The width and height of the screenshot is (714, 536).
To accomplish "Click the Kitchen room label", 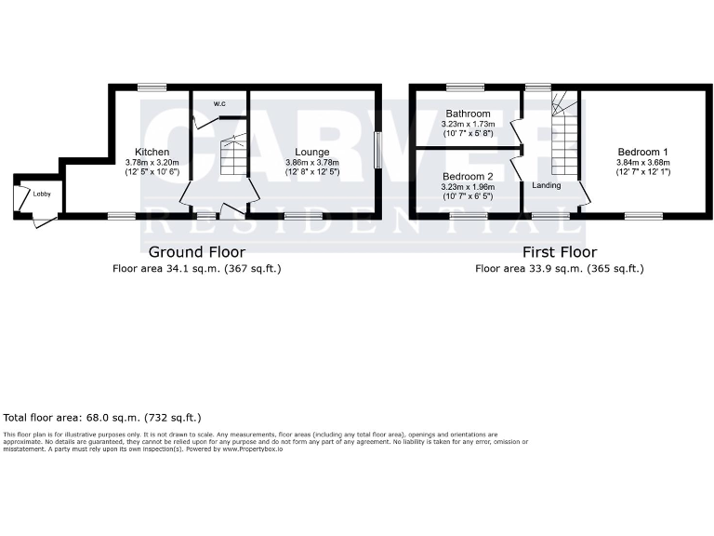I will [152, 152].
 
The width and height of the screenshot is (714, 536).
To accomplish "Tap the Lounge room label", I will [311, 152].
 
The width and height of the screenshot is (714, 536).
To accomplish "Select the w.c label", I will [219, 103].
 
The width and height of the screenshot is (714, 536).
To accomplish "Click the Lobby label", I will [42, 194].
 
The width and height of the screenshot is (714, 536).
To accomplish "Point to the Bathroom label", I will [468, 114].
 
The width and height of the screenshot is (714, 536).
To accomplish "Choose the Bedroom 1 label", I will [643, 152].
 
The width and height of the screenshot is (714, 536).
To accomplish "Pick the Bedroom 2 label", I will [468, 176].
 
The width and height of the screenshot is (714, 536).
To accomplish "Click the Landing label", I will [546, 185].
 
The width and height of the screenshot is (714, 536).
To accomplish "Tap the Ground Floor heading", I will [197, 251].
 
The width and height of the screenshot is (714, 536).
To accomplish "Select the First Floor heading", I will [559, 251].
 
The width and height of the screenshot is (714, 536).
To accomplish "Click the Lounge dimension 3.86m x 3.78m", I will [311, 162].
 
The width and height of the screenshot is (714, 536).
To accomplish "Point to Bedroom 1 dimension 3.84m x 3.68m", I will [643, 162].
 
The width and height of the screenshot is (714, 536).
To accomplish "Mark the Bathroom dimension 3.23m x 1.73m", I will [468, 124].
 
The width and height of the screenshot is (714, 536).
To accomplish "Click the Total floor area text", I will [102, 418].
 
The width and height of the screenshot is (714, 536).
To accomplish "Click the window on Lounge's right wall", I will [377, 151].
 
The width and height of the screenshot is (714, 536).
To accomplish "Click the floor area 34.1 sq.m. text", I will [196, 268].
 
